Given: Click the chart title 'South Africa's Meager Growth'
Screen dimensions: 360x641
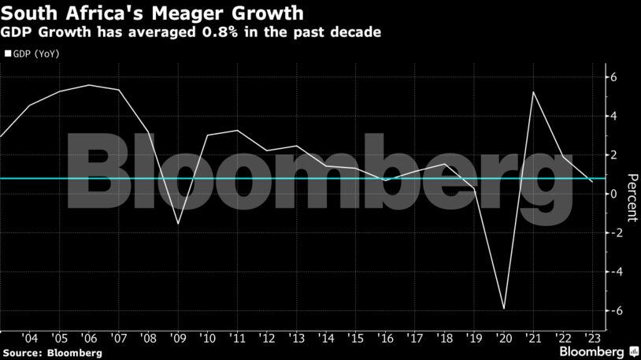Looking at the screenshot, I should (x=154, y=13).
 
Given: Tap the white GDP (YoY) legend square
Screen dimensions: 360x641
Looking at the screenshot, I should (x=8, y=54).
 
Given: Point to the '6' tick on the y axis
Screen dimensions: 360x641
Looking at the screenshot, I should (x=613, y=77).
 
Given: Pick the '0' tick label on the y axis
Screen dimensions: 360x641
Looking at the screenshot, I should (x=613, y=194).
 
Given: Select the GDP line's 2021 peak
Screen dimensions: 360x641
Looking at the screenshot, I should (x=534, y=92).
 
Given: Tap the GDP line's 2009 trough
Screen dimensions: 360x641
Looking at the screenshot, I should (x=177, y=224).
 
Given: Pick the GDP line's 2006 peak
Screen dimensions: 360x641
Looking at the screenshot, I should (x=89, y=85).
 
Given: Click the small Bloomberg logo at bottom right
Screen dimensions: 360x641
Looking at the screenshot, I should (x=592, y=350).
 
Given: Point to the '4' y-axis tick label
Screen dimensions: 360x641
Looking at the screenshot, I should (x=613, y=116).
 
